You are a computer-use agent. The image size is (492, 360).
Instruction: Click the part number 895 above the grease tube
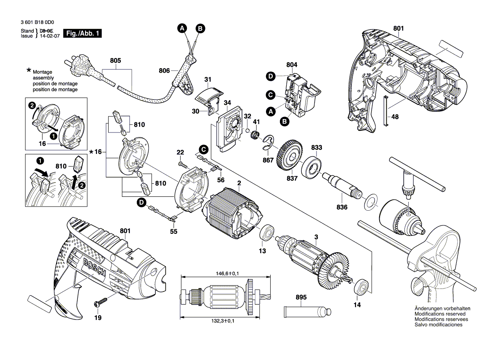(x=301, y=297)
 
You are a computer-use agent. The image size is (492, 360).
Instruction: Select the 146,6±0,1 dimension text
(x=225, y=273)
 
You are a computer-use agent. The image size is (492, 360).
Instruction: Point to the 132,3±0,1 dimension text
(x=225, y=321)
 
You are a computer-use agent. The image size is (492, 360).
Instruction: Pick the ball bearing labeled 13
(x=267, y=233)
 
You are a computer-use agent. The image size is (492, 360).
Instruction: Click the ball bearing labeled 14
(x=362, y=286)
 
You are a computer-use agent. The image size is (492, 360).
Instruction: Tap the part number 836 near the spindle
(x=342, y=207)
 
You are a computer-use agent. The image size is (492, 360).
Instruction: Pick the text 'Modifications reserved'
(x=440, y=314)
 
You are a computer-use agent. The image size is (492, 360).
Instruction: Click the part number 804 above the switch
(x=292, y=65)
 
